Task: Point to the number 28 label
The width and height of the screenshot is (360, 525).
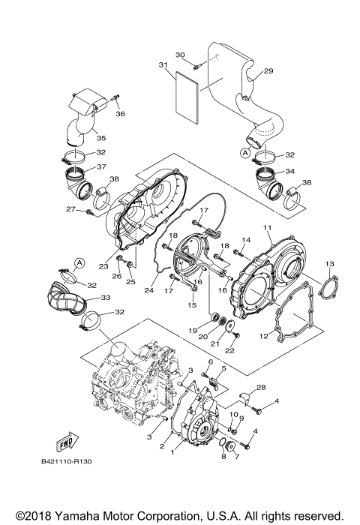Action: point(261,387)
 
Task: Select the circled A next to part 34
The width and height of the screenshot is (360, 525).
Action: point(244,151)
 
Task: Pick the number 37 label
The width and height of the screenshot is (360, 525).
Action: point(101,166)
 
